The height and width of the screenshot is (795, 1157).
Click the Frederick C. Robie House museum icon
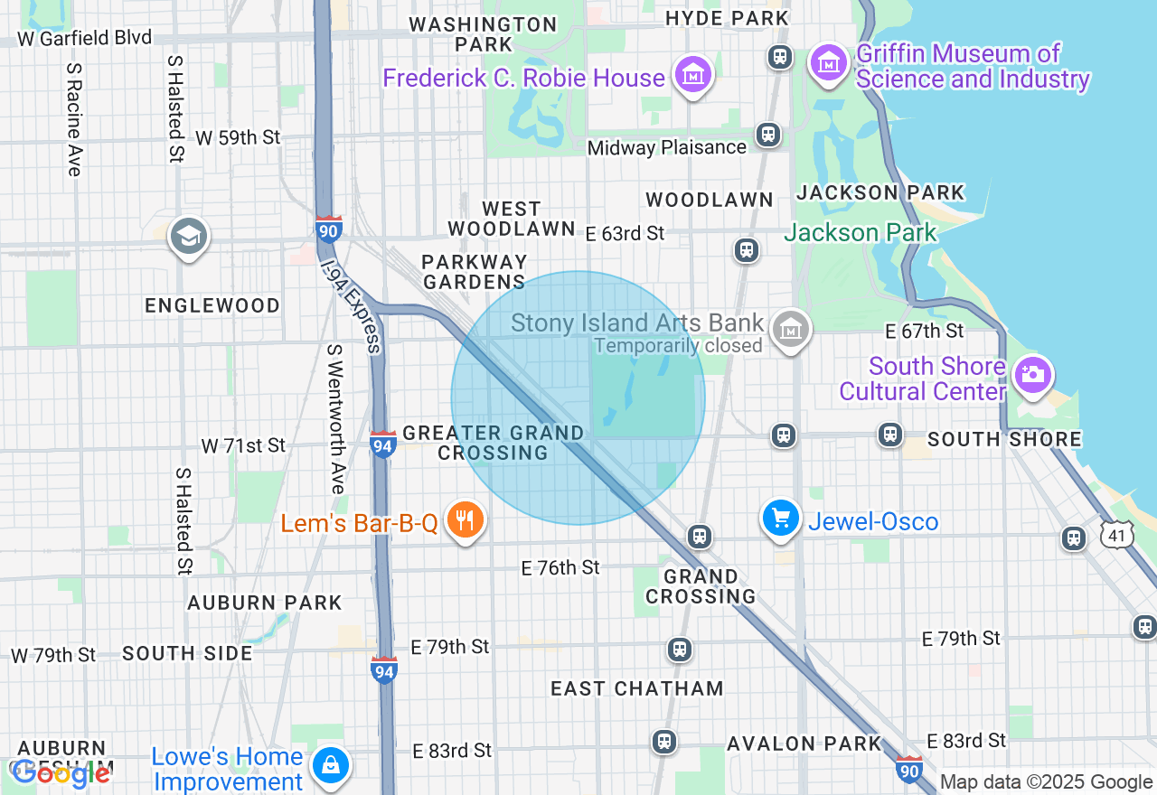(x=693, y=75)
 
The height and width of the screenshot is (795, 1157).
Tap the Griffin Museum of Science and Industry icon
(x=829, y=63)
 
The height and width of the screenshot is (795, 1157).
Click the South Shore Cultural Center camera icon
(x=1032, y=374)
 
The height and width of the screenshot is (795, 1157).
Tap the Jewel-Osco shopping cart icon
(x=780, y=519)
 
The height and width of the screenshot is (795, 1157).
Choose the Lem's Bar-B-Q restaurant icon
(x=465, y=520)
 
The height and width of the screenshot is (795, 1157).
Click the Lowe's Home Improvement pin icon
(x=331, y=765)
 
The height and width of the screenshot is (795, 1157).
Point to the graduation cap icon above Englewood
(x=188, y=237)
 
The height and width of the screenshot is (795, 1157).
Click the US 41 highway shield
(x=1117, y=536)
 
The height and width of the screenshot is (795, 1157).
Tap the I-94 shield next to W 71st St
(x=382, y=444)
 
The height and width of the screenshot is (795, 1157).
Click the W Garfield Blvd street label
(x=85, y=38)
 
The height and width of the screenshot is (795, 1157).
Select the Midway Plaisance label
(x=667, y=147)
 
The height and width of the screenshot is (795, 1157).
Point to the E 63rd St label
(x=625, y=234)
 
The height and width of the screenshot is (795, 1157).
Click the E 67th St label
(x=925, y=332)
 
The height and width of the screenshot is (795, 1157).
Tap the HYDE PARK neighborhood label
(x=727, y=18)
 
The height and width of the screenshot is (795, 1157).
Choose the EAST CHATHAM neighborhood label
(x=637, y=688)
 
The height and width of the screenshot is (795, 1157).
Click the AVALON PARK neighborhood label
(x=804, y=744)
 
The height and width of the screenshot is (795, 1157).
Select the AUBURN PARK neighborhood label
(x=264, y=603)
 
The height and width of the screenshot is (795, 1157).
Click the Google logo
(x=61, y=773)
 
